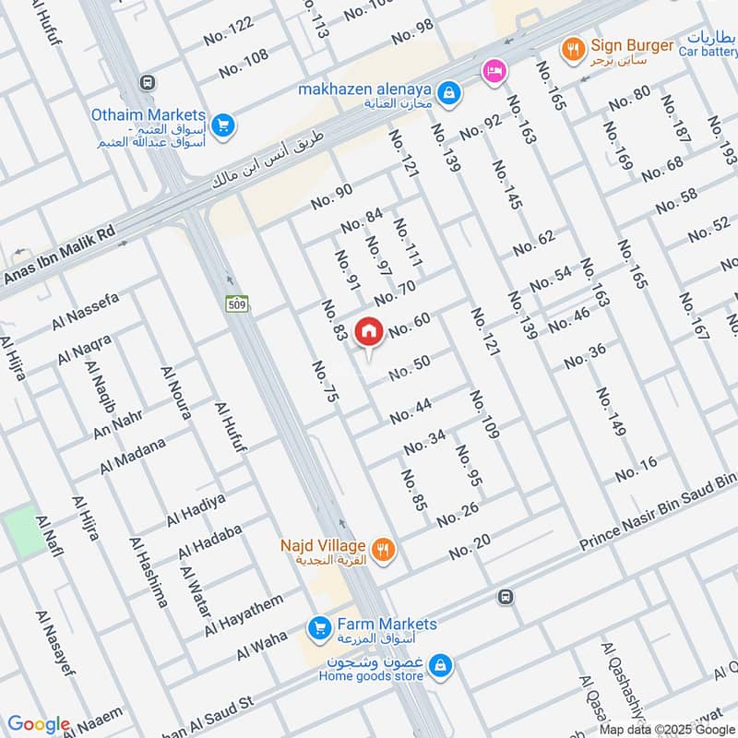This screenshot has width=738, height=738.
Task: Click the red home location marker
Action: (369, 331)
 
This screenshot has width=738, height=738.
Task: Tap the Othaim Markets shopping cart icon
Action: (221, 124)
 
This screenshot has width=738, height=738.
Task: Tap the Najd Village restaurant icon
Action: (385, 551)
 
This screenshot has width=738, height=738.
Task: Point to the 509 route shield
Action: (235, 303)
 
